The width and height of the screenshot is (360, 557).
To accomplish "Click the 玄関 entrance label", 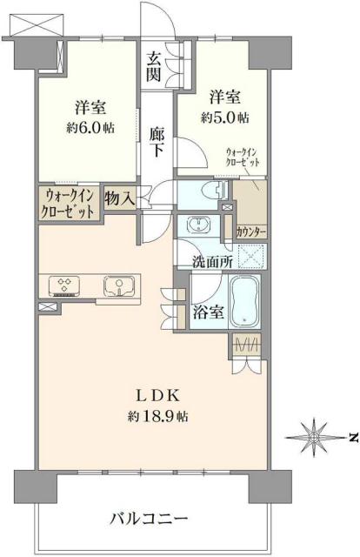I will [x=154, y=66].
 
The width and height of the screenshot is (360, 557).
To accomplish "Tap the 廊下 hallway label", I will [x=157, y=142].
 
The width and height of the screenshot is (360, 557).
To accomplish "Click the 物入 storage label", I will [x=119, y=199].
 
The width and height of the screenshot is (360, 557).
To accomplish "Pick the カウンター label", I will [x=250, y=232].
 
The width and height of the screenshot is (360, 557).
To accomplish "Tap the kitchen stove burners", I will [x=64, y=285].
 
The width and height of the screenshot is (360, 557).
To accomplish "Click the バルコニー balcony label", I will [x=148, y=520].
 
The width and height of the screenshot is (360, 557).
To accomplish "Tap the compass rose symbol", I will [x=315, y=436].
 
